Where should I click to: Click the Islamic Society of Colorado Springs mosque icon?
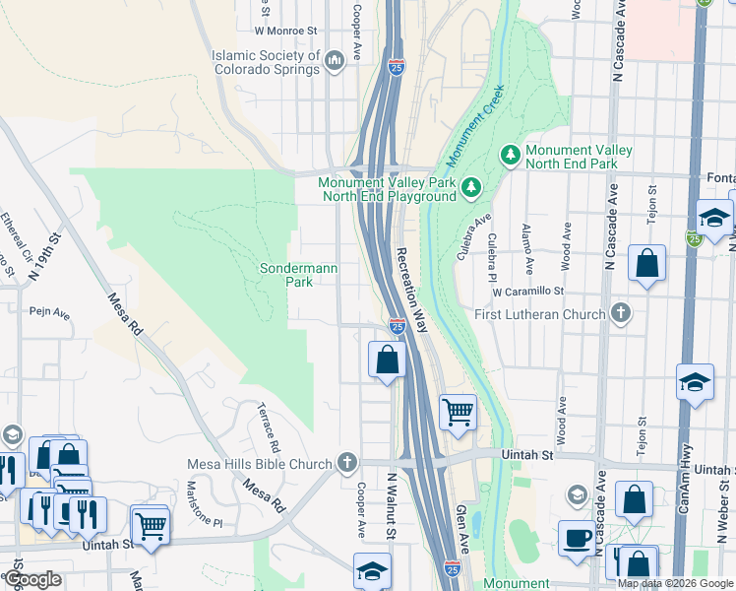(x=334, y=62)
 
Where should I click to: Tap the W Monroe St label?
(x=287, y=31)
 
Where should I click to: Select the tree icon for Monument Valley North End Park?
(x=511, y=155)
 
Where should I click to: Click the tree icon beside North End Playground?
(x=471, y=187)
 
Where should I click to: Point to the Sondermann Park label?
(x=286, y=275)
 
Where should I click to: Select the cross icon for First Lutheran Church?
(x=620, y=313)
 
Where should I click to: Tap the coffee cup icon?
(x=577, y=538)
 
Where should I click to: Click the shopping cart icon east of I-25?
(x=458, y=411)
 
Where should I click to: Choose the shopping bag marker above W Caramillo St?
(x=646, y=263)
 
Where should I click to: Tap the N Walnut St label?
(x=391, y=505)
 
